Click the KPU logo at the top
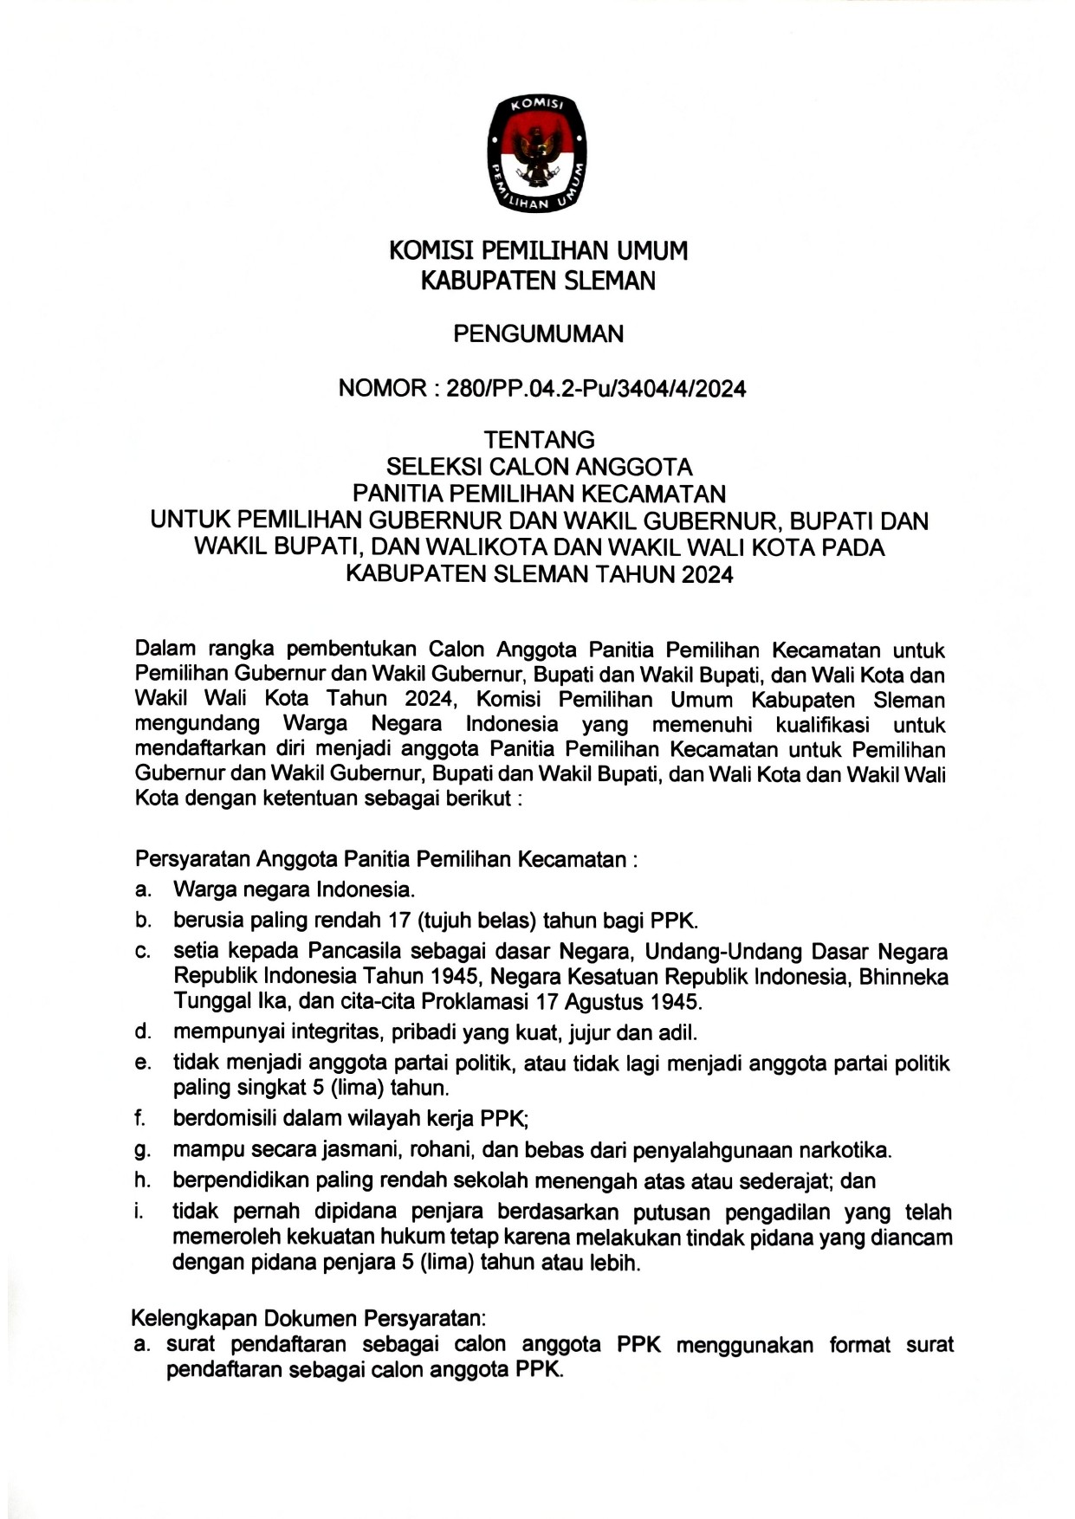pos(537,153)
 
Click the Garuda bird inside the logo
pos(538,156)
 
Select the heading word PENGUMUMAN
pos(538,334)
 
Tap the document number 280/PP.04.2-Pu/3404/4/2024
pos(596,389)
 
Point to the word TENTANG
pos(539,439)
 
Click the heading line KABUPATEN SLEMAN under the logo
pos(538,281)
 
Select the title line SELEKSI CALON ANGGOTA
pos(539,467)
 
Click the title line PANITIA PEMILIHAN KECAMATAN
pos(539,494)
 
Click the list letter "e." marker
pos(143,1063)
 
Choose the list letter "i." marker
pos(139,1212)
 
